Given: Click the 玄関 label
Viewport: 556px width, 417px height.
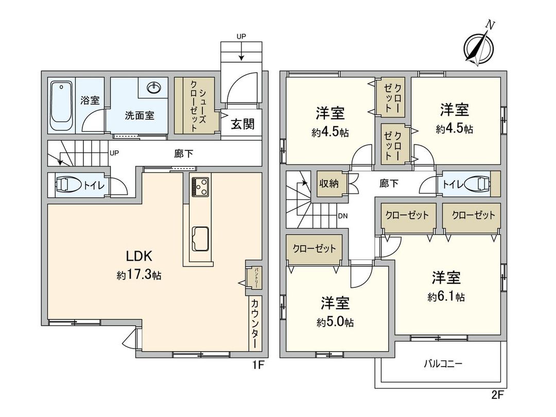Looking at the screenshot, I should (242, 125).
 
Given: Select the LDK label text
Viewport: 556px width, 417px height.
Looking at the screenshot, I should (138, 256).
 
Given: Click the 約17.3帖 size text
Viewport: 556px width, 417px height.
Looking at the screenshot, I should (138, 275).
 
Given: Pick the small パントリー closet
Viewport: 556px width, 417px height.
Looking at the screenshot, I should (255, 277).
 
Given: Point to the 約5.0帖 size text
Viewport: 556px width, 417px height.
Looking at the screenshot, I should (335, 322).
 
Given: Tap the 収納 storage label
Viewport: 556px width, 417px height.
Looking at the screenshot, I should (329, 183).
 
